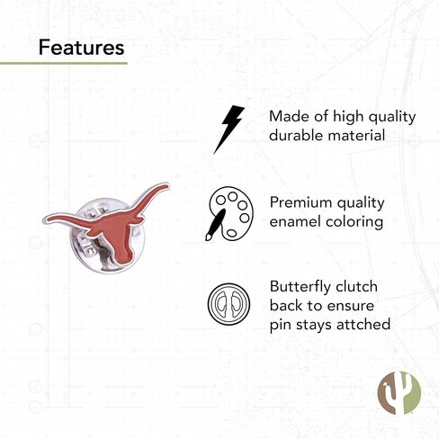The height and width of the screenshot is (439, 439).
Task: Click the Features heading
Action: [x=81, y=48]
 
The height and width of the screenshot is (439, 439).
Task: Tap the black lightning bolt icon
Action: [x=228, y=130]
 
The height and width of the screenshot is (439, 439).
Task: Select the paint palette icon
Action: [x=229, y=214]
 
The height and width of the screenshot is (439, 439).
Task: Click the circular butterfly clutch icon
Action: [x=228, y=304]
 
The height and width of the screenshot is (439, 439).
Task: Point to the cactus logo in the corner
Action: [x=399, y=393]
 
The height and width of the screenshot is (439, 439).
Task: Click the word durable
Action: [x=296, y=135]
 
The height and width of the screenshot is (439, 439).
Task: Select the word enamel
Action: [x=295, y=221]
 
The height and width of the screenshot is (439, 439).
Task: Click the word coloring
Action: [x=354, y=223]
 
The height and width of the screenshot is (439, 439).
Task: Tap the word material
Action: [x=356, y=135]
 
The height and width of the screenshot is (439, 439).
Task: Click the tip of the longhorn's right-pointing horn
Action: [x=168, y=185]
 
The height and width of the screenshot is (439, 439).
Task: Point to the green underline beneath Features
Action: [x=64, y=63]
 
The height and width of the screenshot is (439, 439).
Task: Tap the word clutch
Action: [x=356, y=286]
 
